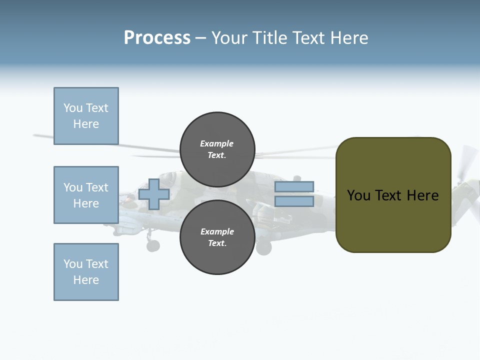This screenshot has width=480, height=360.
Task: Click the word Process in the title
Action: pyautogui.click(x=157, y=38)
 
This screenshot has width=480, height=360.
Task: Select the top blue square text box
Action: pyautogui.click(x=86, y=116)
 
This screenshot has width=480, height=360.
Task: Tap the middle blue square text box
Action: pyautogui.click(x=86, y=195)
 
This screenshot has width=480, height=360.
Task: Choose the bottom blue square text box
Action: pyautogui.click(x=86, y=272)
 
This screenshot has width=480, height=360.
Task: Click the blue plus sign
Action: pyautogui.click(x=154, y=194)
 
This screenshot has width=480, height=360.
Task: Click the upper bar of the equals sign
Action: pyautogui.click(x=294, y=187)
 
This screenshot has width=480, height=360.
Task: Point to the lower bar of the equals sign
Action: pyautogui.click(x=294, y=201)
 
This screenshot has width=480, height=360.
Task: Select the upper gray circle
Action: pyautogui.click(x=217, y=149)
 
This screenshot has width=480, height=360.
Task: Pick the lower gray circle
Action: pyautogui.click(x=217, y=237)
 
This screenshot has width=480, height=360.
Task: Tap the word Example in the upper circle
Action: pyautogui.click(x=217, y=143)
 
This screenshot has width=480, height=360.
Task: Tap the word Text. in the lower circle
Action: pyautogui.click(x=217, y=243)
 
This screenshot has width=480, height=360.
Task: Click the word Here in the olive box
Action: pyautogui.click(x=422, y=195)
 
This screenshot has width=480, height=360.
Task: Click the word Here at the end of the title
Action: pyautogui.click(x=349, y=38)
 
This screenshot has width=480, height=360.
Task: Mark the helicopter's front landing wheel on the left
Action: pyautogui.click(x=153, y=245)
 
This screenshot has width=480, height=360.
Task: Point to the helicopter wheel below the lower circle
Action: pyautogui.click(x=263, y=246)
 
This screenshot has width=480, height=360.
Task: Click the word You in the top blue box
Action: pyautogui.click(x=72, y=108)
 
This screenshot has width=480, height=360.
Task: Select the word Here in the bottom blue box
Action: pyautogui.click(x=86, y=280)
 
